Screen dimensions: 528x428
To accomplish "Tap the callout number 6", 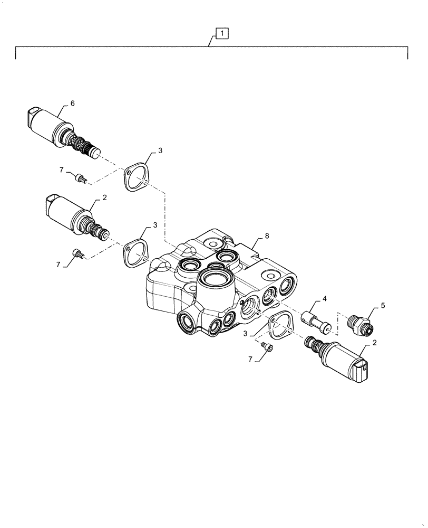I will click(x=72, y=103).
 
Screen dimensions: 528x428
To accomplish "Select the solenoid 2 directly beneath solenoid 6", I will click(x=74, y=217).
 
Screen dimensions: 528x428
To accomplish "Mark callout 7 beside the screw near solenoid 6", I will click(x=62, y=169).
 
